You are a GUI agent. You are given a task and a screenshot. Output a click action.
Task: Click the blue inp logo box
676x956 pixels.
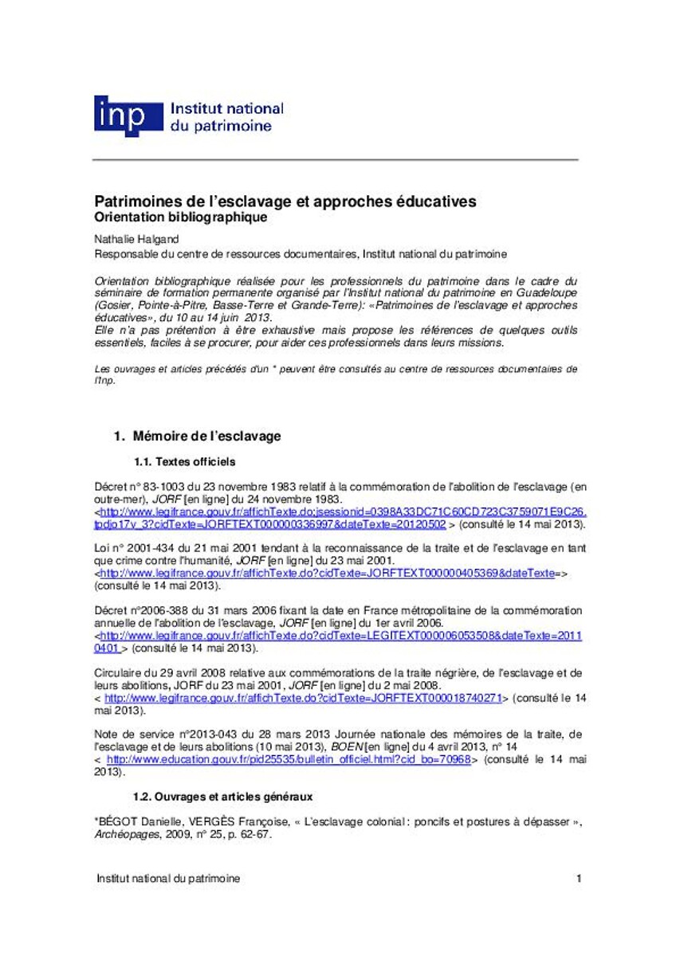[x=121, y=116]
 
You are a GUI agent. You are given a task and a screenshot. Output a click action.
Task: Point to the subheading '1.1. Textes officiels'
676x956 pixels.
[x=184, y=462]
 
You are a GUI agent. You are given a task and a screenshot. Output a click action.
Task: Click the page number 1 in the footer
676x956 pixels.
[x=579, y=879]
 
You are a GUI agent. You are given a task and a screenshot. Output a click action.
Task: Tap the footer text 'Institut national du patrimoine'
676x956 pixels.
[x=167, y=879]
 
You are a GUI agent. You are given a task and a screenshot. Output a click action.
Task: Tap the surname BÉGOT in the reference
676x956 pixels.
[x=120, y=821]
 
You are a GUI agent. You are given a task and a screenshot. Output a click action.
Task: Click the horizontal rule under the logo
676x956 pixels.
[x=336, y=160]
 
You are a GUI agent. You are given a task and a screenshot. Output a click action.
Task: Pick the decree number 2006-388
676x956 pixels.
[x=158, y=611]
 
